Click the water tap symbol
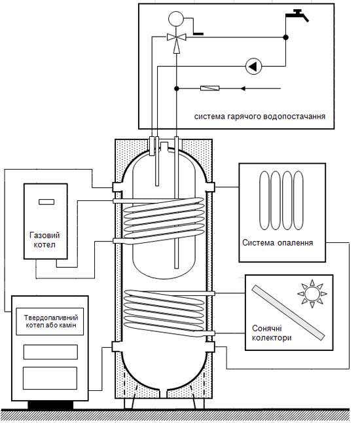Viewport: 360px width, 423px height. (297, 15)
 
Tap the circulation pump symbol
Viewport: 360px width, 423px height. (253, 66)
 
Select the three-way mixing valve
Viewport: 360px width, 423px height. (176, 37)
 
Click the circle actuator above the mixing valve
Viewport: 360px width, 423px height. (176, 19)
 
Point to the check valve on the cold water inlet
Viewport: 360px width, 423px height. (210, 88)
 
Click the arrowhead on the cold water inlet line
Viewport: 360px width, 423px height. (243, 88)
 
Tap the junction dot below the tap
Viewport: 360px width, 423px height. (286, 37)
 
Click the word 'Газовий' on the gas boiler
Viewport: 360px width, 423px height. (45, 235)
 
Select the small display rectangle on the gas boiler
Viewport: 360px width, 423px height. (46, 202)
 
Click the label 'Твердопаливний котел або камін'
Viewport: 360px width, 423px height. (51, 322)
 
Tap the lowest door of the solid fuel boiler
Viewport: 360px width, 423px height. (50, 378)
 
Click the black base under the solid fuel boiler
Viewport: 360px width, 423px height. (50, 405)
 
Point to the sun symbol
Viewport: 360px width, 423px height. (312, 293)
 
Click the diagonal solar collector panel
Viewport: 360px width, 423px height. (288, 312)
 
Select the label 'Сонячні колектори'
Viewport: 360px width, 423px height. (272, 333)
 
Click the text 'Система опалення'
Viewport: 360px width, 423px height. (278, 242)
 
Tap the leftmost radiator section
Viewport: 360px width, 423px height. (264, 200)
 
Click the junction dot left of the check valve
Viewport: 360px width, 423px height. (176, 88)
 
